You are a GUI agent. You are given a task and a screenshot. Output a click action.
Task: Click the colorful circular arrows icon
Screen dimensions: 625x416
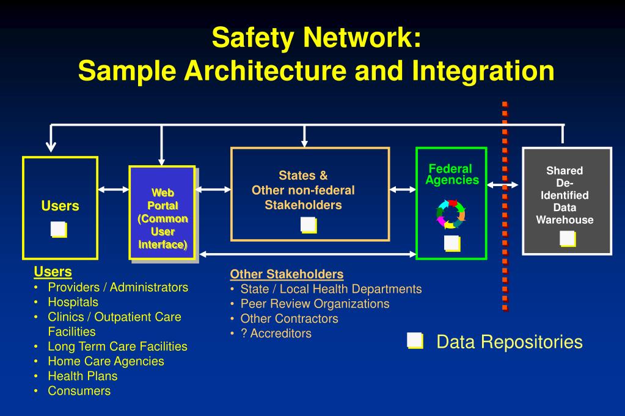click(451, 214)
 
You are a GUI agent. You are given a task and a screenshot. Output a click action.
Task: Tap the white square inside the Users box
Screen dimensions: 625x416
click(59, 229)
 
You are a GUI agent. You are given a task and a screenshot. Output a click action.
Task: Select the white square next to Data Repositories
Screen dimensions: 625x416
click(415, 341)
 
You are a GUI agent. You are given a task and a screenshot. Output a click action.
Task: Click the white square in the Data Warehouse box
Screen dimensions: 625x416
click(568, 238)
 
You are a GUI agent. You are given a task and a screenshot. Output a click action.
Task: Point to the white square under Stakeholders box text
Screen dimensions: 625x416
click(309, 225)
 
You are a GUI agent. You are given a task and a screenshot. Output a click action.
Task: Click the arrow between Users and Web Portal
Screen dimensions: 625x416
click(114, 190)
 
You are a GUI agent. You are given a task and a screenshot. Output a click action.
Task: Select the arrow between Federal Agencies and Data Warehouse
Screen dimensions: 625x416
click(503, 185)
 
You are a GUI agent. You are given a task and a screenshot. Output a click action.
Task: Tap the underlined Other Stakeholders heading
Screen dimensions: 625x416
click(287, 274)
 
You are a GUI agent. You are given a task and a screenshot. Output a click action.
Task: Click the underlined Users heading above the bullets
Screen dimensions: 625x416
click(53, 271)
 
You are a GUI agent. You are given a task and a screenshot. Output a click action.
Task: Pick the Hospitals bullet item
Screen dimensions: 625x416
click(73, 302)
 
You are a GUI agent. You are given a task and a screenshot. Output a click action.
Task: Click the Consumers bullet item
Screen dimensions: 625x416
click(79, 391)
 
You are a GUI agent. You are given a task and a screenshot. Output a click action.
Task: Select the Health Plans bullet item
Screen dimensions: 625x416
click(82, 376)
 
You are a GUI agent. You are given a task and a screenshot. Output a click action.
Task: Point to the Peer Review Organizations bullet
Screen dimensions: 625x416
click(315, 304)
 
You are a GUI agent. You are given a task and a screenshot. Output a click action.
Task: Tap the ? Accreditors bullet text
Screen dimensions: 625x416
click(276, 333)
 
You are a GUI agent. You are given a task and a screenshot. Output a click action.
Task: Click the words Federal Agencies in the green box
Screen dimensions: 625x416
click(452, 174)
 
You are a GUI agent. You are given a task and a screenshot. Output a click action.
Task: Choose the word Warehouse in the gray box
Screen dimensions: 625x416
click(565, 220)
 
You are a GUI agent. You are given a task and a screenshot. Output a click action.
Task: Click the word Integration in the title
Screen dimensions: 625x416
click(483, 71)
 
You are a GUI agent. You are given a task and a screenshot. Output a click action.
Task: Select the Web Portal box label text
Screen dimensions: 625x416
click(163, 218)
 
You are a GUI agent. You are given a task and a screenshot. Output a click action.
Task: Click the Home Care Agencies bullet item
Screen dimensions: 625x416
click(106, 362)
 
